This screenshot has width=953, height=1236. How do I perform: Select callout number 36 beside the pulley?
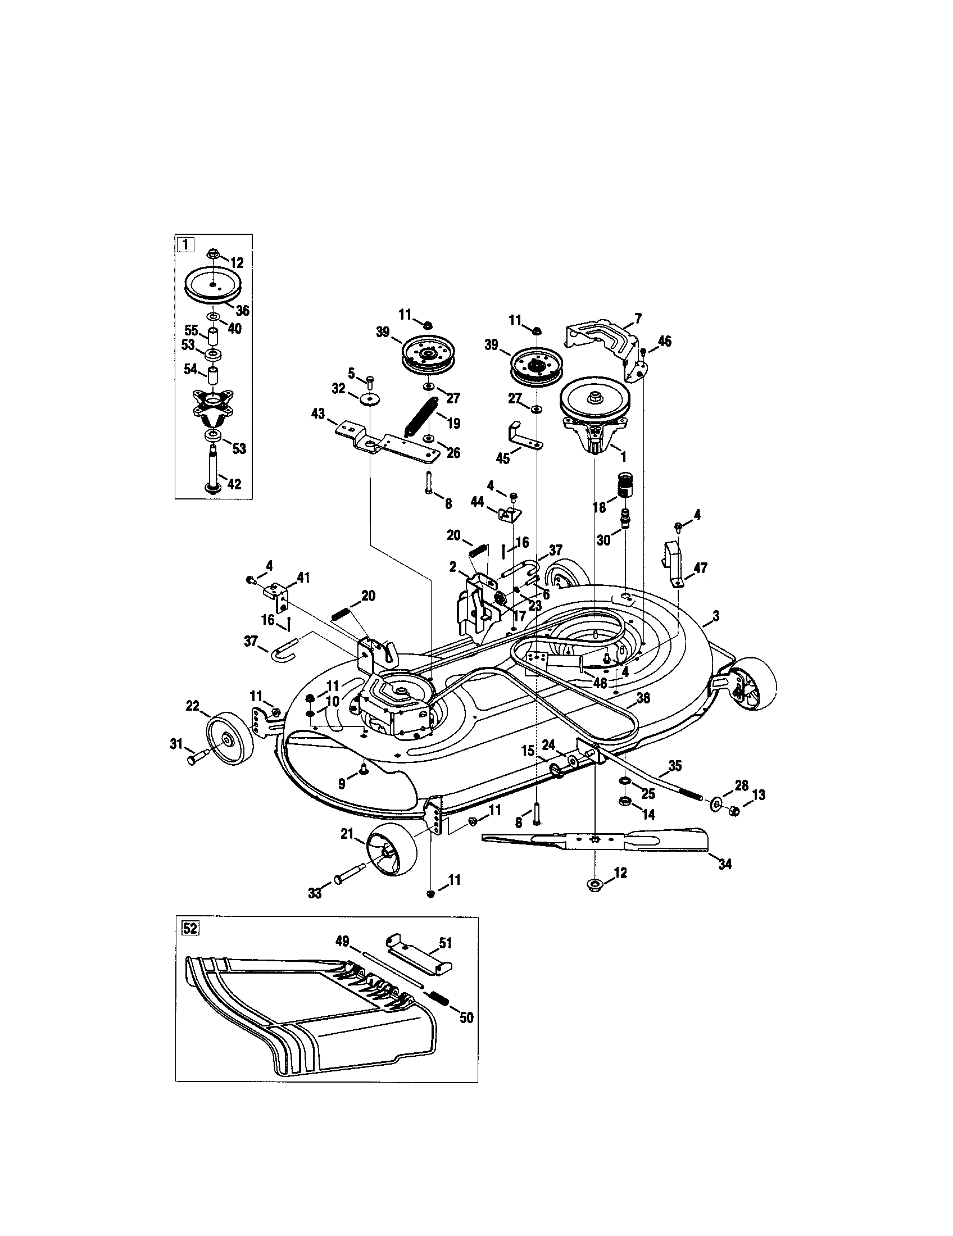click(243, 311)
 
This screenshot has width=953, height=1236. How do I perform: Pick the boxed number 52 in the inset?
click(190, 929)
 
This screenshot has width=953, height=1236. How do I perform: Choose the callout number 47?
click(700, 568)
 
